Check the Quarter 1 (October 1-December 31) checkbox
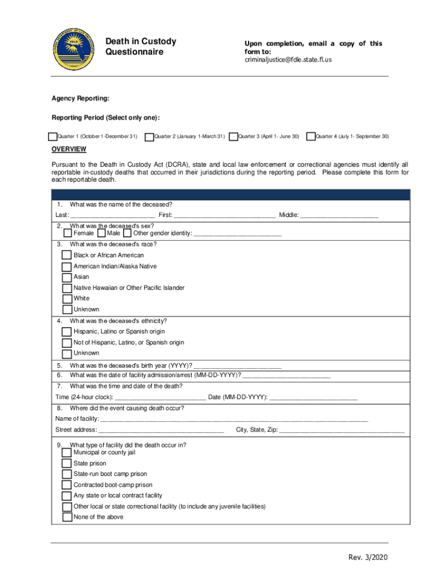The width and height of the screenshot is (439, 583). [53, 137]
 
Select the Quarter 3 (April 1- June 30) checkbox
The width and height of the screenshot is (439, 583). [234, 137]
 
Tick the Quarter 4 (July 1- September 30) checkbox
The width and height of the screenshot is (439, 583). [311, 137]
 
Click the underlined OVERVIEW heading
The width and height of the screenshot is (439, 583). [69, 149]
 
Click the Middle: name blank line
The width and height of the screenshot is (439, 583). [339, 215]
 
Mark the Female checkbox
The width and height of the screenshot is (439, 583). [68, 233]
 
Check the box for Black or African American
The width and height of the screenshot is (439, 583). [67, 255]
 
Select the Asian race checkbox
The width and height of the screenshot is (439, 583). [67, 277]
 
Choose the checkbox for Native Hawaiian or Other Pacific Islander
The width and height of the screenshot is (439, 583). [67, 288]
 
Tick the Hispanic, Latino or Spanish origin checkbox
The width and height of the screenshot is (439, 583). [67, 331]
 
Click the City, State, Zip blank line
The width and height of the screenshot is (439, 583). [342, 431]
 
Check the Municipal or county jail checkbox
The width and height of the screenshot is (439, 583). [67, 453]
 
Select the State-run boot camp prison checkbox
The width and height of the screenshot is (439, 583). [67, 474]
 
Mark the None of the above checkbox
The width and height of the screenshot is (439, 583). [67, 518]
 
